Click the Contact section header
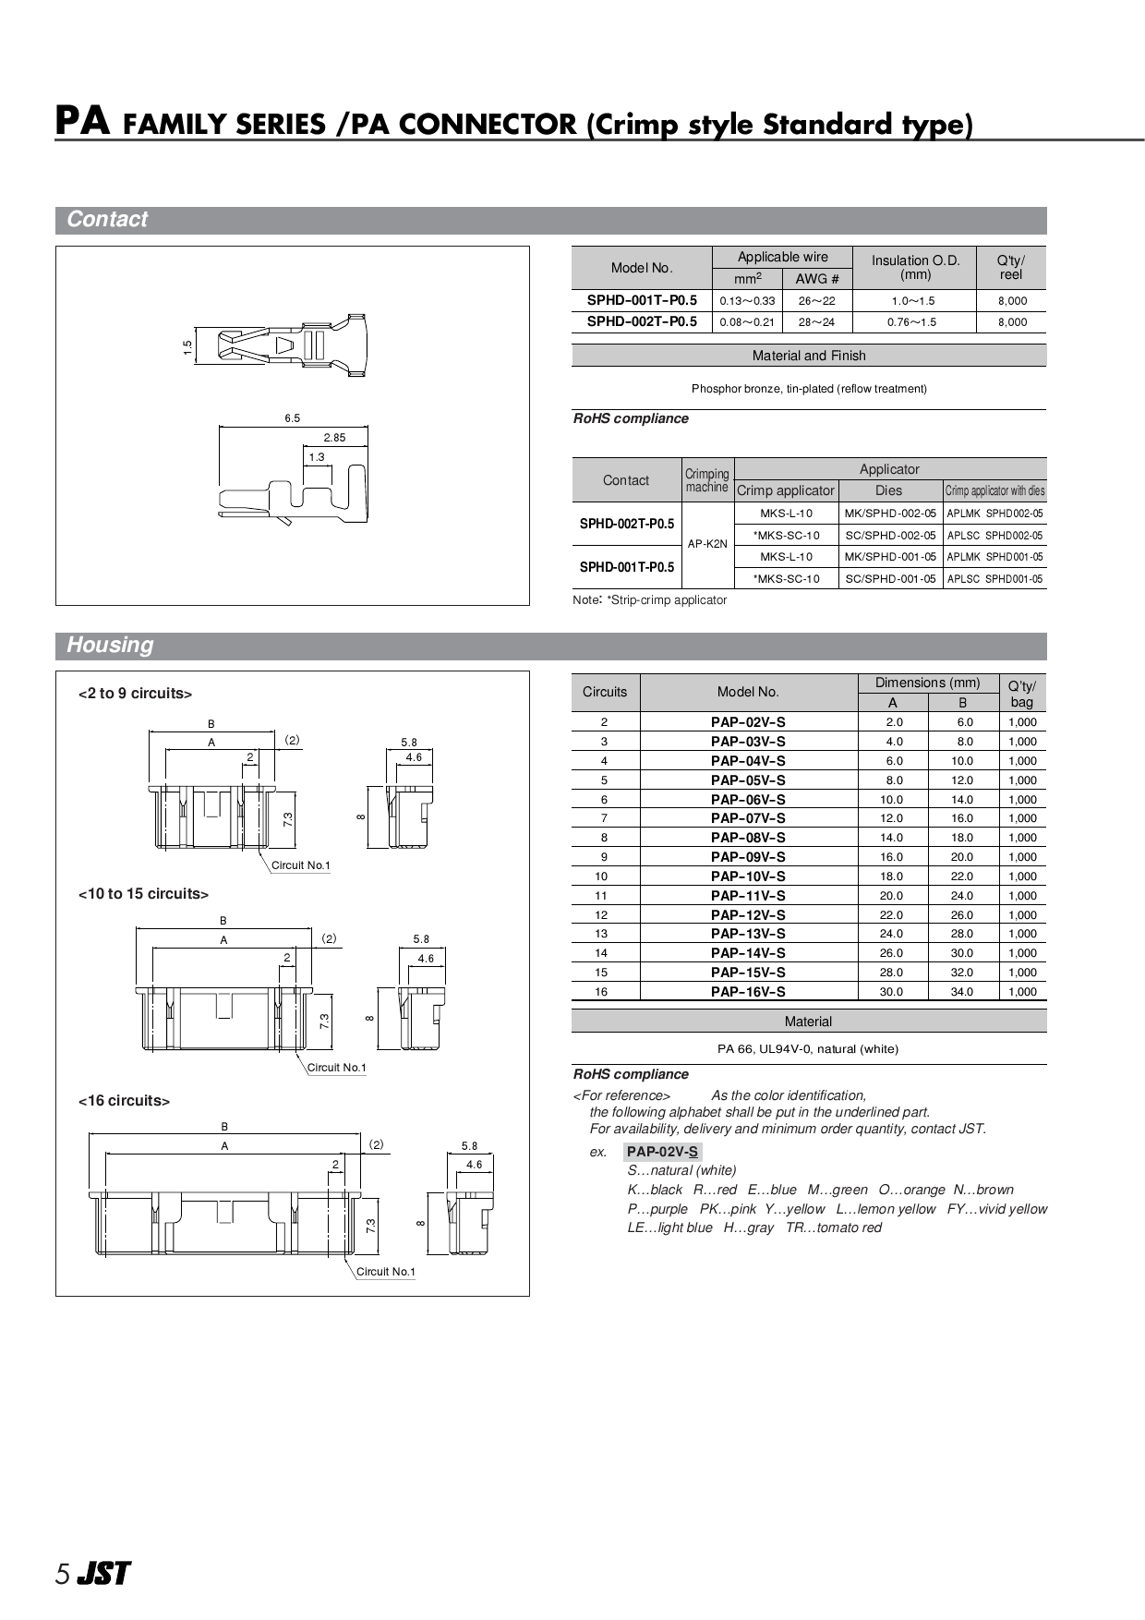pyautogui.click(x=107, y=220)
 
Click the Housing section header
pyautogui.click(x=110, y=645)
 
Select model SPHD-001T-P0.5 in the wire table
pyautogui.click(x=642, y=300)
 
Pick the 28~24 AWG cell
pyautogui.click(x=816, y=322)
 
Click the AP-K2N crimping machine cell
pyautogui.click(x=707, y=544)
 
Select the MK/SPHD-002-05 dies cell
pyautogui.click(x=889, y=514)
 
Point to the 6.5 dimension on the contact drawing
pyautogui.click(x=292, y=418)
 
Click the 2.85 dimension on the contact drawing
pyautogui.click(x=334, y=438)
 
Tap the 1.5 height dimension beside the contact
pyautogui.click(x=187, y=348)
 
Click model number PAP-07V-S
pyautogui.click(x=748, y=818)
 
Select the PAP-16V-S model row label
pyautogui.click(x=748, y=992)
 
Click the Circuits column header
pyautogui.click(x=605, y=692)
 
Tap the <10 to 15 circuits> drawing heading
pyautogui.click(x=143, y=894)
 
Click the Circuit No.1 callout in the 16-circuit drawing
pyautogui.click(x=386, y=1272)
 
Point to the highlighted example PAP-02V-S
pyautogui.click(x=662, y=1152)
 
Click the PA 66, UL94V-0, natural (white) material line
pyautogui.click(x=807, y=1049)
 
